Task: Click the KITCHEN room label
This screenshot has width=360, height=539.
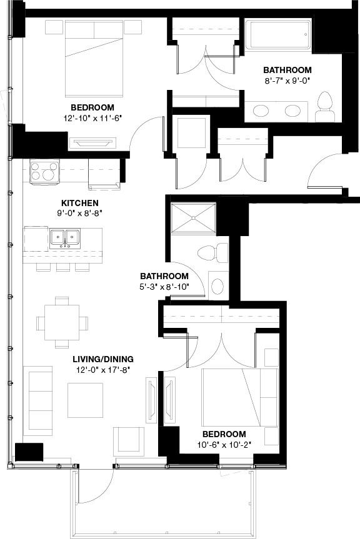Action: [x=79, y=203]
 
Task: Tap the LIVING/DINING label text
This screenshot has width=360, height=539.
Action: [x=102, y=359]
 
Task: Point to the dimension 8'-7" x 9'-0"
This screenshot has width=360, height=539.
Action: [x=287, y=81]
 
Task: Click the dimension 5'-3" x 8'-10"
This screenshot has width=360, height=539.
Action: [x=164, y=287]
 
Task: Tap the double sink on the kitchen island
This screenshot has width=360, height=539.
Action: [x=64, y=237]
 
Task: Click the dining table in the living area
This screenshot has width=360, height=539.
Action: [x=62, y=322]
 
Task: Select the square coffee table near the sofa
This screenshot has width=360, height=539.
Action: [x=85, y=400]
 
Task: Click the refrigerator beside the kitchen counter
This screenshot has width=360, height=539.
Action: [x=104, y=173]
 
